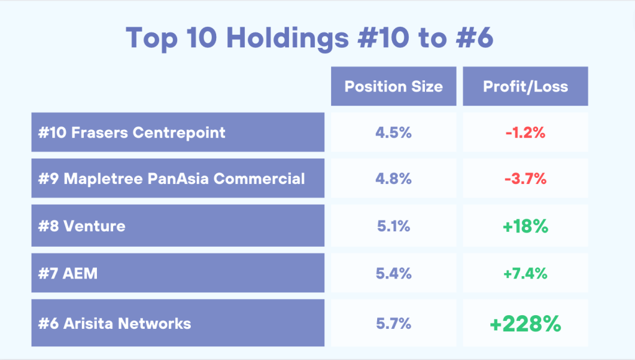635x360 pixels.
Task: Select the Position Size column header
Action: point(393,86)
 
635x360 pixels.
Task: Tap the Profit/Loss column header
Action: point(525,86)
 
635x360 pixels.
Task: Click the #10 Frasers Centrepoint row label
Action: point(132,132)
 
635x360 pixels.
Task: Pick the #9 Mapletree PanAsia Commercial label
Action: point(171,179)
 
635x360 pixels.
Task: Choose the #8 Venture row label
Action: point(81,226)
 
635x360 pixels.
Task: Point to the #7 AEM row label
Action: point(68,273)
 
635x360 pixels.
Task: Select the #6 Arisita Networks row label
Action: point(114,323)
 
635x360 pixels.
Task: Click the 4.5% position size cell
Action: point(393,132)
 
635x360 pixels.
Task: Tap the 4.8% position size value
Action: point(393,179)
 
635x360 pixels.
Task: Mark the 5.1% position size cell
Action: point(393,226)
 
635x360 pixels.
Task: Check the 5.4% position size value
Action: point(393,273)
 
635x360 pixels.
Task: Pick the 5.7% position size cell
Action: point(393,323)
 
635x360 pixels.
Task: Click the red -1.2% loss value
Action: point(525,132)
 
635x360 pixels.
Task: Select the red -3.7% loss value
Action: point(525,179)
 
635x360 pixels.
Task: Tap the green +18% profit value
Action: point(525,226)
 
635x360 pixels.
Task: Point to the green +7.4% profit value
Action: point(525,273)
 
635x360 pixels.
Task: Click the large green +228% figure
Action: point(525,324)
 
